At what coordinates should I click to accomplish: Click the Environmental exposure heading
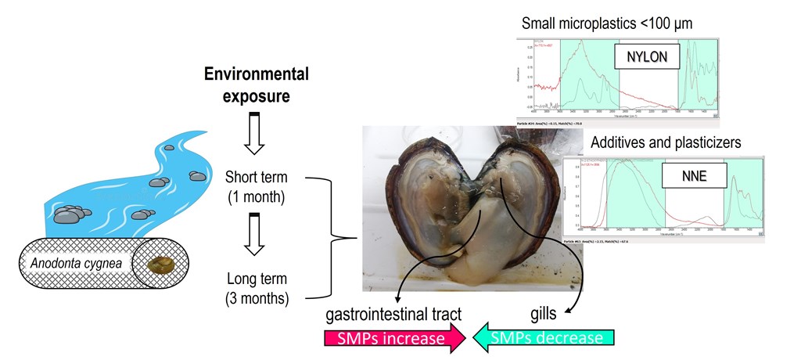click(256, 85)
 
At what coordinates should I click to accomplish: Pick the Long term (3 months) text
click(256, 287)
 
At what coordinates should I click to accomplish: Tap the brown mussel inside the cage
click(161, 265)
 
